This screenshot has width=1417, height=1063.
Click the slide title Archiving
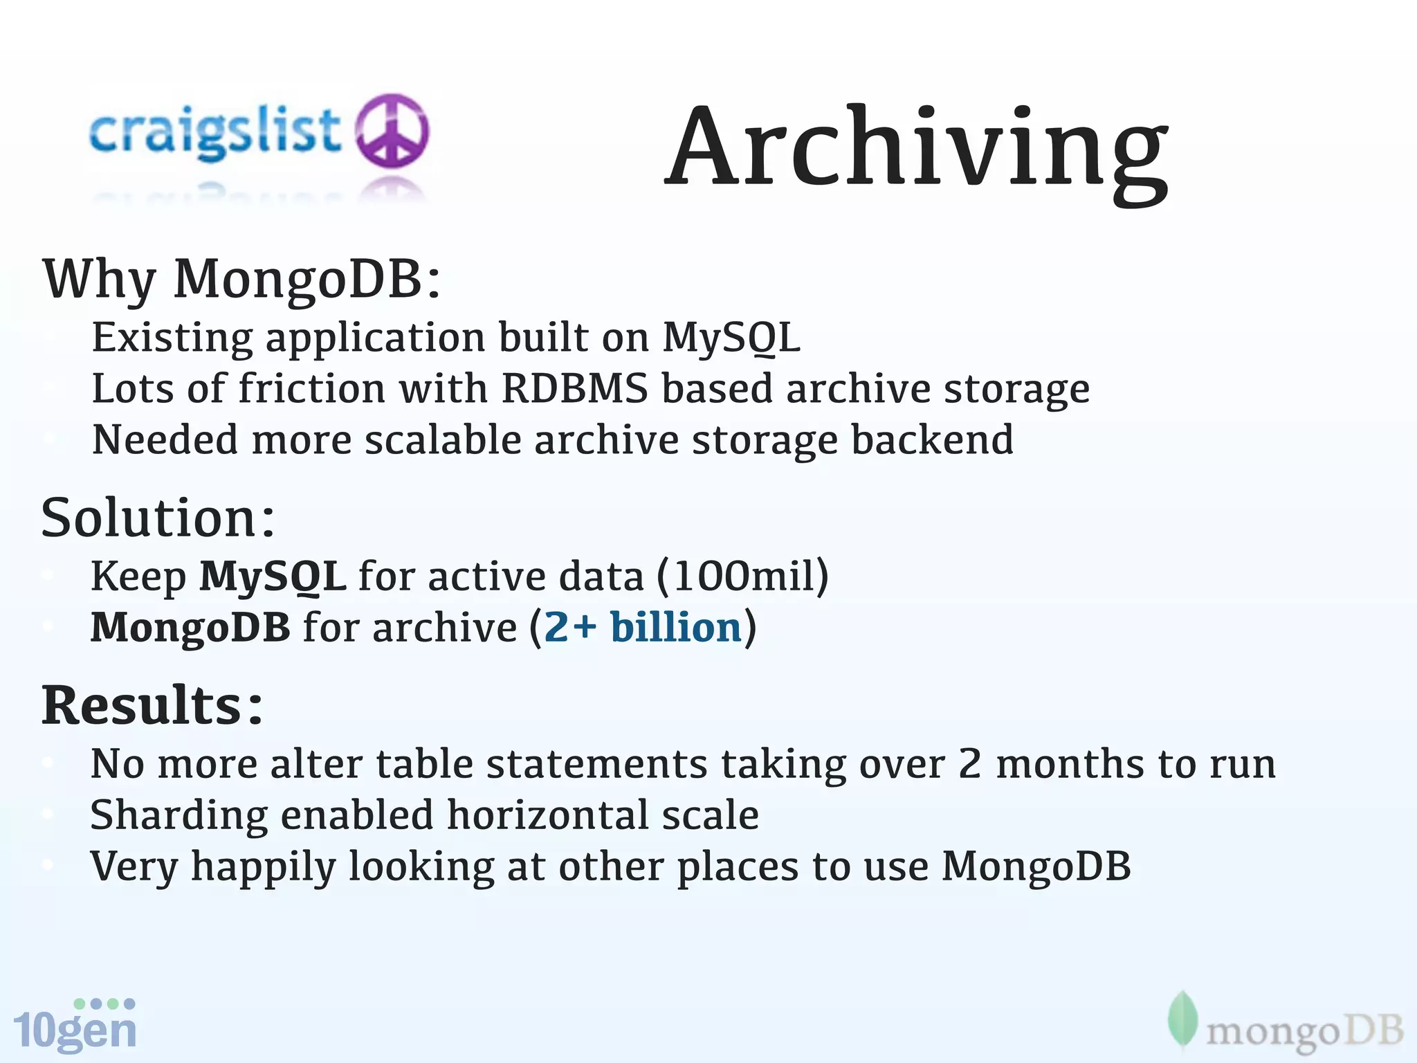coord(916,149)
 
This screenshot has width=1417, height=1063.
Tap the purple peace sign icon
coord(392,131)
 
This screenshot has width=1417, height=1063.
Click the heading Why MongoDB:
coord(241,280)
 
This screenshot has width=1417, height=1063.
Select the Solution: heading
coord(158,518)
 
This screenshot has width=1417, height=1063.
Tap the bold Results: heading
coord(153,707)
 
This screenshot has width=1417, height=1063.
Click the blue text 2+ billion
coord(643,628)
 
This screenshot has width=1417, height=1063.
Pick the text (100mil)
coord(742,576)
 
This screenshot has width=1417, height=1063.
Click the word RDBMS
coord(574,388)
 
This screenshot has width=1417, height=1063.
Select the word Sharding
coord(179,816)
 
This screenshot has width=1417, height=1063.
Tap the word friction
coord(311,388)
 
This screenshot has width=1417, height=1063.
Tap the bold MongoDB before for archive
coord(190,628)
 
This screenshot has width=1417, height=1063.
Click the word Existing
coord(172,338)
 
